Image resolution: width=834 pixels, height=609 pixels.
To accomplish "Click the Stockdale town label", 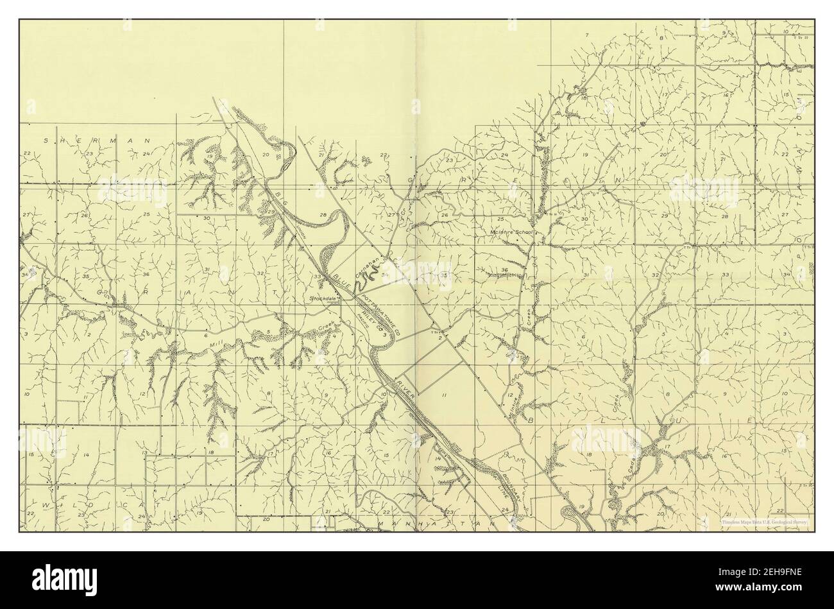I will [x=323, y=298].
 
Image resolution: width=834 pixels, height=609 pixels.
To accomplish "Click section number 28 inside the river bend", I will [x=323, y=214].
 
